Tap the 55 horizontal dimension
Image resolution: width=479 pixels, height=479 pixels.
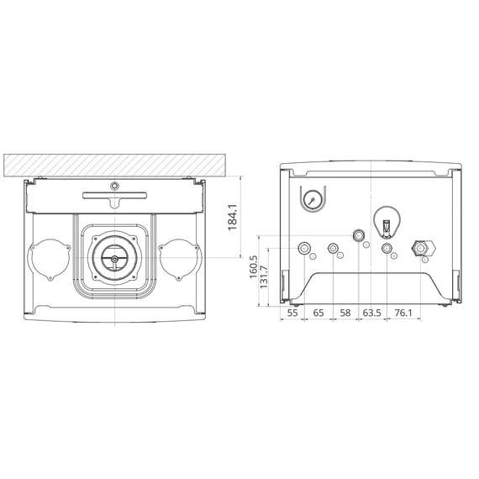point(292,312)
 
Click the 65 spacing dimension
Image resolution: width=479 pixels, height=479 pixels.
point(318,312)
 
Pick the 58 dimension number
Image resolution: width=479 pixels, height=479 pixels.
point(345,312)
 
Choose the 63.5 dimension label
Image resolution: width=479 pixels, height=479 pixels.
point(371,312)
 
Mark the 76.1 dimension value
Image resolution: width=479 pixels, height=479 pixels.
point(403,312)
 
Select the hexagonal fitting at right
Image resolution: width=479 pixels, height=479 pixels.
point(420,249)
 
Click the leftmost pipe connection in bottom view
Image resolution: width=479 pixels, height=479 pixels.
point(304,249)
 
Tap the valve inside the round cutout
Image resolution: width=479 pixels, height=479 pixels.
point(386,226)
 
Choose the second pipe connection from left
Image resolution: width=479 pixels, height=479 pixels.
point(334,249)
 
